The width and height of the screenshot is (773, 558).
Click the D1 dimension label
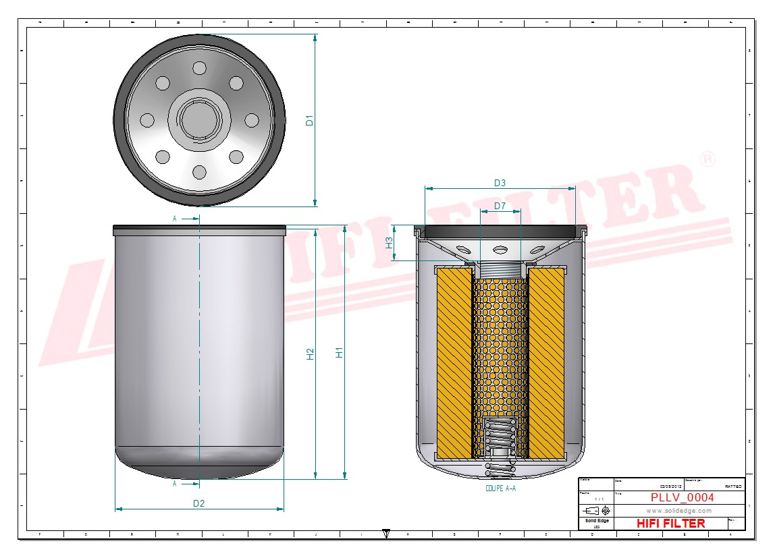tap(310, 121)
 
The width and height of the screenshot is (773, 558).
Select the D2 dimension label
tap(198, 503)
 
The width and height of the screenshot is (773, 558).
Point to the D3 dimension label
tap(500, 183)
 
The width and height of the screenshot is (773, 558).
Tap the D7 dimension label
tap(500, 205)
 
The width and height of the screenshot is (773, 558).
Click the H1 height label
tap(340, 352)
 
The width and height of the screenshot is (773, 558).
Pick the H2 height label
tap(310, 354)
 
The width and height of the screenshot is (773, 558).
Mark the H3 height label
tap(389, 243)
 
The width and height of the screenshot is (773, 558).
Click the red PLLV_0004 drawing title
tap(682, 498)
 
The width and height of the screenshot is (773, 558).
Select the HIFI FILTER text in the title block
tap(670, 524)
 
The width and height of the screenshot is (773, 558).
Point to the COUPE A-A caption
tap(500, 488)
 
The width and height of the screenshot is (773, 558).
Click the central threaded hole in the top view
tap(199, 119)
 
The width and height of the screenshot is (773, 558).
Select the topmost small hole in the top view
tap(199, 68)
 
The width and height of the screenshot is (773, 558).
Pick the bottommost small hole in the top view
tap(199, 172)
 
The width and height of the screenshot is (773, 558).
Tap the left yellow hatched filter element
tap(453, 361)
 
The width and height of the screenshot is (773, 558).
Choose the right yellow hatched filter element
tap(547, 361)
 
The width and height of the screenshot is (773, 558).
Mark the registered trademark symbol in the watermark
tap(708, 160)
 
